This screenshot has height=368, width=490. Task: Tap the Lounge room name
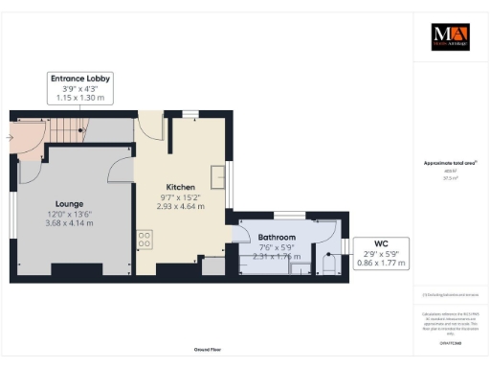pyautogui.click(x=68, y=204)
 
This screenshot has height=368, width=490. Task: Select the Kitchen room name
pyautogui.click(x=181, y=187)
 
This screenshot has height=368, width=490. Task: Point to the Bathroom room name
pyautogui.click(x=276, y=237)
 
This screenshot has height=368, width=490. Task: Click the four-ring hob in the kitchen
pyautogui.click(x=145, y=241)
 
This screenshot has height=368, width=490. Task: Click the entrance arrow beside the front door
pyautogui.click(x=10, y=137)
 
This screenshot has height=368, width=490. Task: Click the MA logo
pyautogui.click(x=450, y=36)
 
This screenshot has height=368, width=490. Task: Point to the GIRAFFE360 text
pyautogui.click(x=450, y=342)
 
